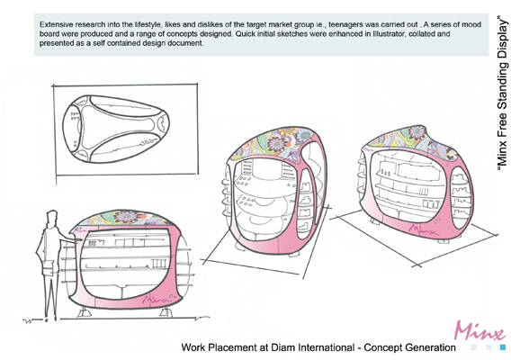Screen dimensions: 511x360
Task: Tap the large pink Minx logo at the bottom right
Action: click(480, 330)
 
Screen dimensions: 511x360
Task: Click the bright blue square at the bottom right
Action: click(503, 347)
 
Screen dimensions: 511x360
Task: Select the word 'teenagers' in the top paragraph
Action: click(345, 25)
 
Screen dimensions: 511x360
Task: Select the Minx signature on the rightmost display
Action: click(423, 229)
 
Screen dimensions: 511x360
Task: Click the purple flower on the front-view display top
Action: click(127, 218)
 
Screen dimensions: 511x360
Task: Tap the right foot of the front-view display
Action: click(166, 312)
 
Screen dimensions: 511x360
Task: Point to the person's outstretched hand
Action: click(77, 239)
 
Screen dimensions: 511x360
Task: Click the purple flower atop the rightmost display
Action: click(417, 132)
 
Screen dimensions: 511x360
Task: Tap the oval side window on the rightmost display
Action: click(461, 198)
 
